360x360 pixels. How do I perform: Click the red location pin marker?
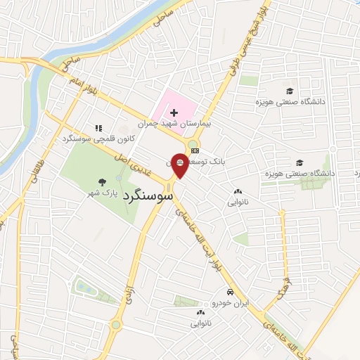180,165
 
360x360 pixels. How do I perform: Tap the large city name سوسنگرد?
147,195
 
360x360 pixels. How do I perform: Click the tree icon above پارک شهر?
104,181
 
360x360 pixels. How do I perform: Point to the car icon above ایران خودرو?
230,292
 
